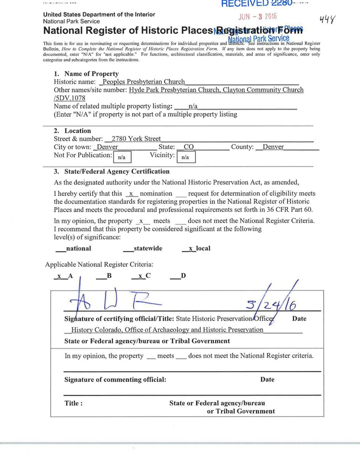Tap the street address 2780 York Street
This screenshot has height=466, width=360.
(133, 139)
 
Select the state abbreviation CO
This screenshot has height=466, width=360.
(189, 147)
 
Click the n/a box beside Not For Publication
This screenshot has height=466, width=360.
(122, 157)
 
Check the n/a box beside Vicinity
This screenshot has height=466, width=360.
(185, 157)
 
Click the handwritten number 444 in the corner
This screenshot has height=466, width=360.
(328, 20)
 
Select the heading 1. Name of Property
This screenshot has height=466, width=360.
(86, 74)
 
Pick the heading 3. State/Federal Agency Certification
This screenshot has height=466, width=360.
(111, 171)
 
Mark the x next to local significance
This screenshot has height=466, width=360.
(191, 249)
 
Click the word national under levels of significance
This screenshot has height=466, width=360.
(78, 249)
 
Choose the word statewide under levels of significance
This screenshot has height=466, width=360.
(148, 249)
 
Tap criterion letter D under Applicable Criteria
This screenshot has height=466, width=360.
(183, 276)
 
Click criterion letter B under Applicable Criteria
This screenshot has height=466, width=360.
(109, 276)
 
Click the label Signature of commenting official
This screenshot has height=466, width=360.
(115, 379)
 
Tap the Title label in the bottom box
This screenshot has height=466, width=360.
(74, 403)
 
